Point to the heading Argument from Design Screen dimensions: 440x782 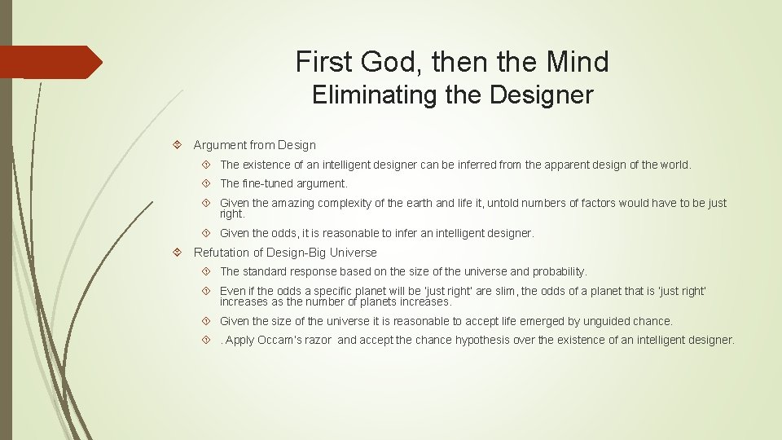tap(254, 145)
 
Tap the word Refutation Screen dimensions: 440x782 tap(222, 253)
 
